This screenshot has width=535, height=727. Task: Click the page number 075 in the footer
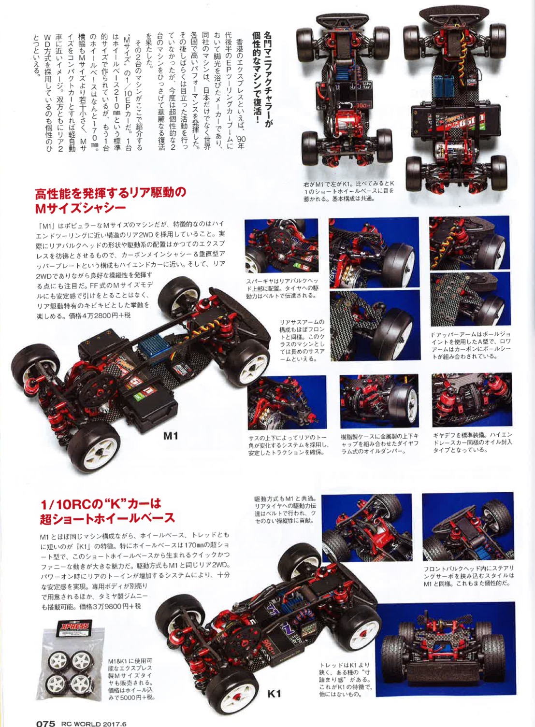pos(47,723)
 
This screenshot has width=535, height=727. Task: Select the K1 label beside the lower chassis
pos(274,694)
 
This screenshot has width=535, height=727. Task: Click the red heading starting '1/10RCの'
pos(101,504)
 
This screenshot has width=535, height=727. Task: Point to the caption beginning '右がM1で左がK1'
pos(348,191)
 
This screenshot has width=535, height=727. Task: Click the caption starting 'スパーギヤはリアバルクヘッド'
pos(282,288)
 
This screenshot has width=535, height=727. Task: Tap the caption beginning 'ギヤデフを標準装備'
pos(472,442)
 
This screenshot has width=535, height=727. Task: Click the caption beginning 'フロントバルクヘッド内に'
pos(468,576)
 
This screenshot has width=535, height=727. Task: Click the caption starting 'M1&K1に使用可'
pos(130,679)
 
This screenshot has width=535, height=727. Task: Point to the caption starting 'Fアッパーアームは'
pos(471,345)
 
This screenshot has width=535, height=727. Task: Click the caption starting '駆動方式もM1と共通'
pos(285,510)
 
